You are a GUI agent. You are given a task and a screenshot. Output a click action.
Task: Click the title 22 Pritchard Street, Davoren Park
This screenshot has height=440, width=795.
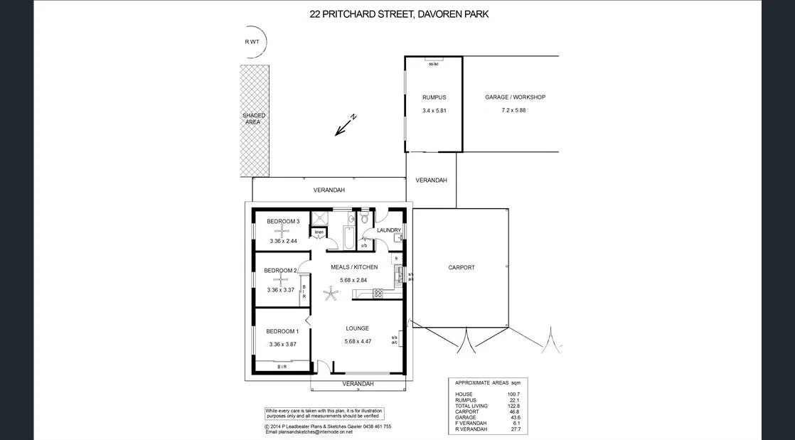[399, 14]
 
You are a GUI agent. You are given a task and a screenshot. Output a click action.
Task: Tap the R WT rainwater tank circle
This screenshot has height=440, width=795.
[252, 42]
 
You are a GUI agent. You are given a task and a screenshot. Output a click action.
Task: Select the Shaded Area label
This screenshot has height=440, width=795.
[254, 119]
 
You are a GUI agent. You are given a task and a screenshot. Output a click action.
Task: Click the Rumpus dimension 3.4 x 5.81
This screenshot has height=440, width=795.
[434, 111]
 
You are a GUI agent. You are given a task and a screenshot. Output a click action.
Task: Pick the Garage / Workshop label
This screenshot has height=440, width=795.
[515, 97]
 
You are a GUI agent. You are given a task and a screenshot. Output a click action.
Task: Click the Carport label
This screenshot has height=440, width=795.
[461, 268]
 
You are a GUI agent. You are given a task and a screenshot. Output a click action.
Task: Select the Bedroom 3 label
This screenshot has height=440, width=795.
[283, 222]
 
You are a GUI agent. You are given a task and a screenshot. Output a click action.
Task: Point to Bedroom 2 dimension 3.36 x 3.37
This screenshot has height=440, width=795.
[280, 290]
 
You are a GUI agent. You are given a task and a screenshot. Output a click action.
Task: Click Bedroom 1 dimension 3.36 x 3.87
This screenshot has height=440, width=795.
[282, 345]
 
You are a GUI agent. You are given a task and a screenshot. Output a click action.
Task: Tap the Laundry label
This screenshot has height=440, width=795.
[388, 230]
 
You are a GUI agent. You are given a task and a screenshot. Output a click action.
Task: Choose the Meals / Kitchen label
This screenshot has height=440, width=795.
[354, 267]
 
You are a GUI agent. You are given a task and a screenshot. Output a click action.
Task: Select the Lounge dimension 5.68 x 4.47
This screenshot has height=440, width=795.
[357, 342]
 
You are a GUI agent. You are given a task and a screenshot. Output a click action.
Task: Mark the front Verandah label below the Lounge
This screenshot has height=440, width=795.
[358, 384]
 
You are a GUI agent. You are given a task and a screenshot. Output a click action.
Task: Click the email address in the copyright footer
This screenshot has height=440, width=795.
[309, 431]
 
